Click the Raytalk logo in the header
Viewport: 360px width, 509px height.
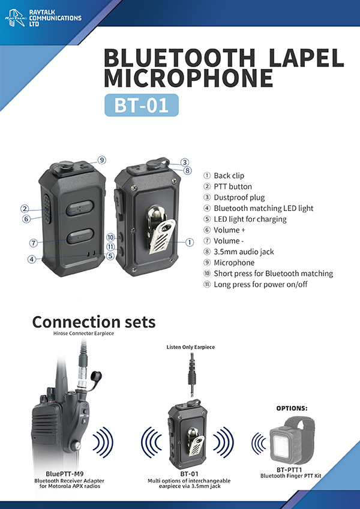point(15,17)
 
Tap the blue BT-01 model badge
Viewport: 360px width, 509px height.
point(142,105)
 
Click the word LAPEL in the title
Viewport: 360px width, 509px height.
point(307,58)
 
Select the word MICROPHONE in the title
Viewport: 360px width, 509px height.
point(188,77)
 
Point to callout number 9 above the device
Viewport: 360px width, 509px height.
point(101,160)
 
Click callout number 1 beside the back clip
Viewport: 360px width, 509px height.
point(190,242)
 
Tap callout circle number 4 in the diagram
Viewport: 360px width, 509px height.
point(32,260)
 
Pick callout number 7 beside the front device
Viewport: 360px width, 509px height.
point(33,243)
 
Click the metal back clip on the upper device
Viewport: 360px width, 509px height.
point(161,229)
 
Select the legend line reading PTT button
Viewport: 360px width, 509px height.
point(233,186)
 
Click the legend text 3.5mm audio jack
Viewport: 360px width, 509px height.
point(244,252)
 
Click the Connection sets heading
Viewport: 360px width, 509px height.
point(94,322)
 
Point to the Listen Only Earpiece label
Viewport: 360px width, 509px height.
point(191,347)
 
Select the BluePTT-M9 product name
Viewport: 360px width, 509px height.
point(65,474)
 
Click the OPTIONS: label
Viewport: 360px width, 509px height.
point(292,408)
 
